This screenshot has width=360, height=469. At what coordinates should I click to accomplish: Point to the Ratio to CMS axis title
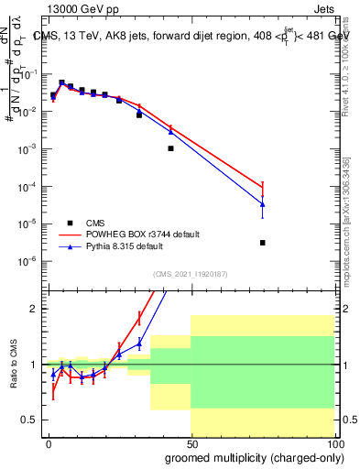coord(12,365)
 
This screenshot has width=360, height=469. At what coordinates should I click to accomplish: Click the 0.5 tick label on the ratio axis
coord(29,420)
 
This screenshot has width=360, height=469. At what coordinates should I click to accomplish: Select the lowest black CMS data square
coord(263,243)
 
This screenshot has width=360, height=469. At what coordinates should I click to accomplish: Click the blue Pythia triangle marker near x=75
coord(263,204)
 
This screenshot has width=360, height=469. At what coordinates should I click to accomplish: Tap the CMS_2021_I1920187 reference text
coord(190,274)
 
